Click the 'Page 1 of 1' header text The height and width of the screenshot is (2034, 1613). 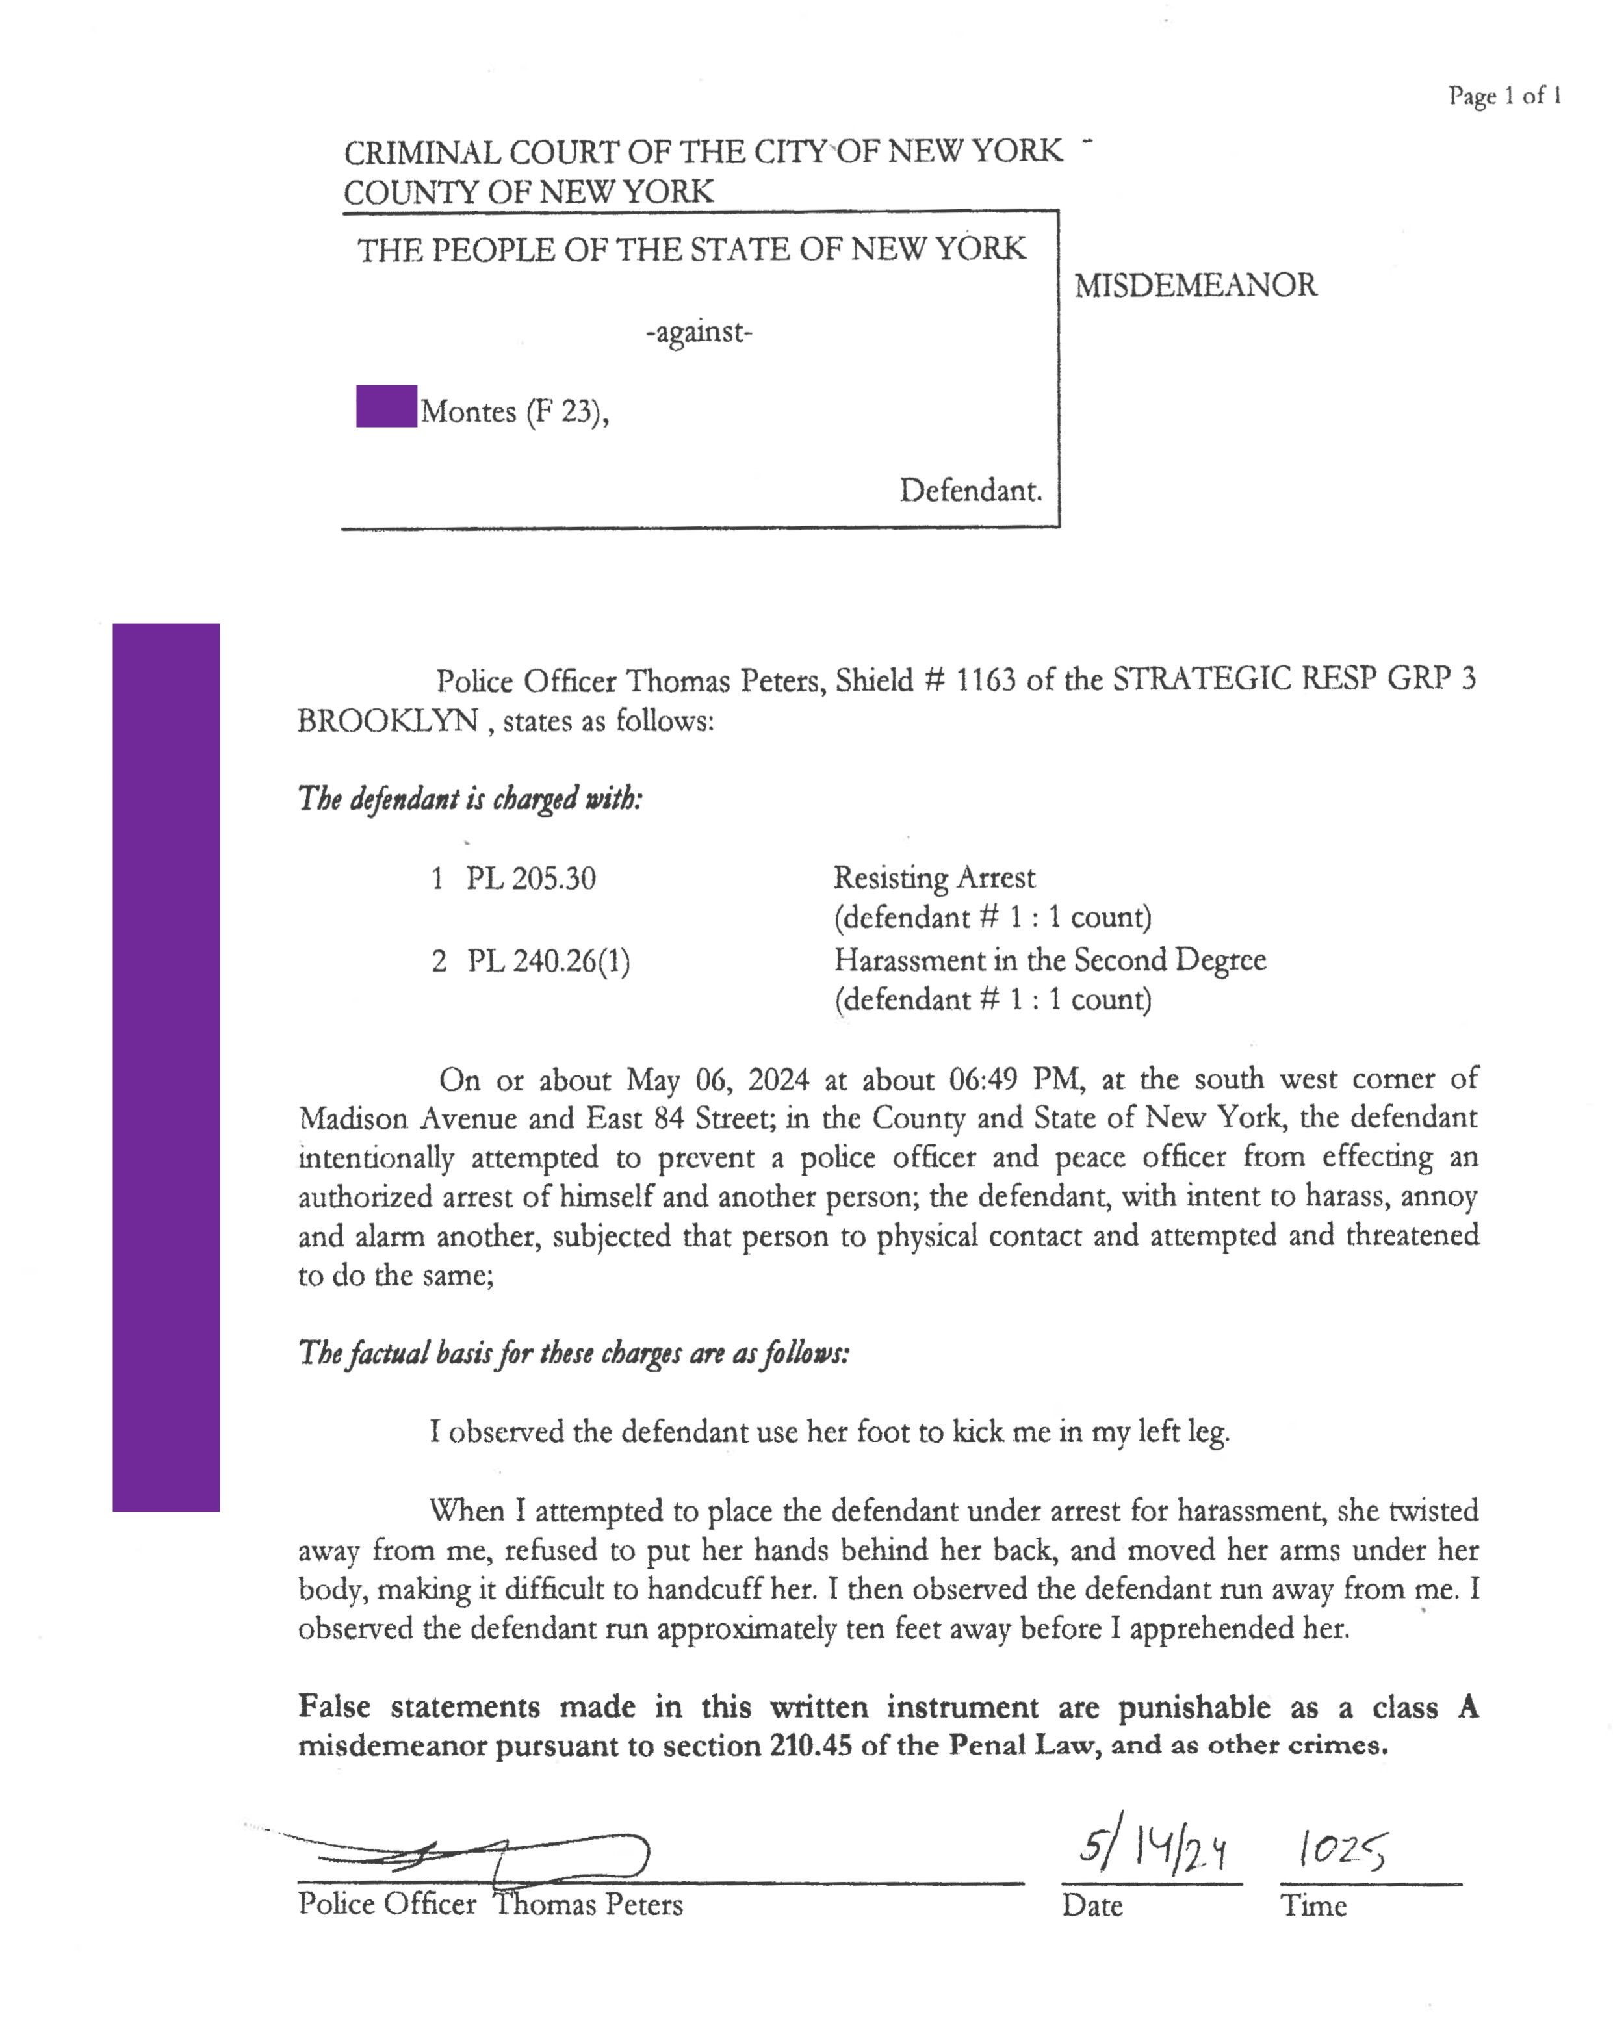(1504, 96)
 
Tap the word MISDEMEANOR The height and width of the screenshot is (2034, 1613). (1195, 285)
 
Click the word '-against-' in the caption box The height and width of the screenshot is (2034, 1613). (699, 332)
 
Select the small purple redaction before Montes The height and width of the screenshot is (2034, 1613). (386, 407)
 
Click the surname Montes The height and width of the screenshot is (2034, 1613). (468, 411)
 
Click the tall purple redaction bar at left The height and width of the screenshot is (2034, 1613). (166, 1066)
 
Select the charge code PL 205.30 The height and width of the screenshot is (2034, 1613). (530, 879)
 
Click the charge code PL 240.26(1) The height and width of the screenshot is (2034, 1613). (548, 961)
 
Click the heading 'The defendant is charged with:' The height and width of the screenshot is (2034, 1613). (470, 799)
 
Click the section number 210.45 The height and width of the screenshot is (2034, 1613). (810, 1745)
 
